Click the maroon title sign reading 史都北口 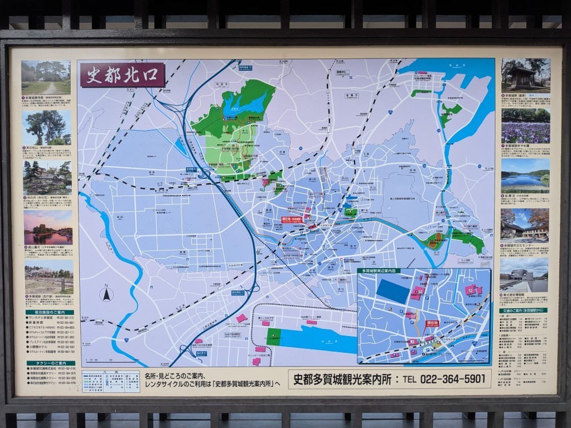(123, 75)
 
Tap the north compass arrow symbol (106, 294)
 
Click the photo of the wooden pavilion (525, 75)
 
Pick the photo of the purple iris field (525, 126)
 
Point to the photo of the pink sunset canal (48, 227)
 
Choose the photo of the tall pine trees (47, 128)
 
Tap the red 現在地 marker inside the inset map (433, 323)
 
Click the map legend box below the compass (110, 381)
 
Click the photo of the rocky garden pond (47, 178)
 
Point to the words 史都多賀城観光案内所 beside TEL (340, 380)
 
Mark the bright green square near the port (274, 337)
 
